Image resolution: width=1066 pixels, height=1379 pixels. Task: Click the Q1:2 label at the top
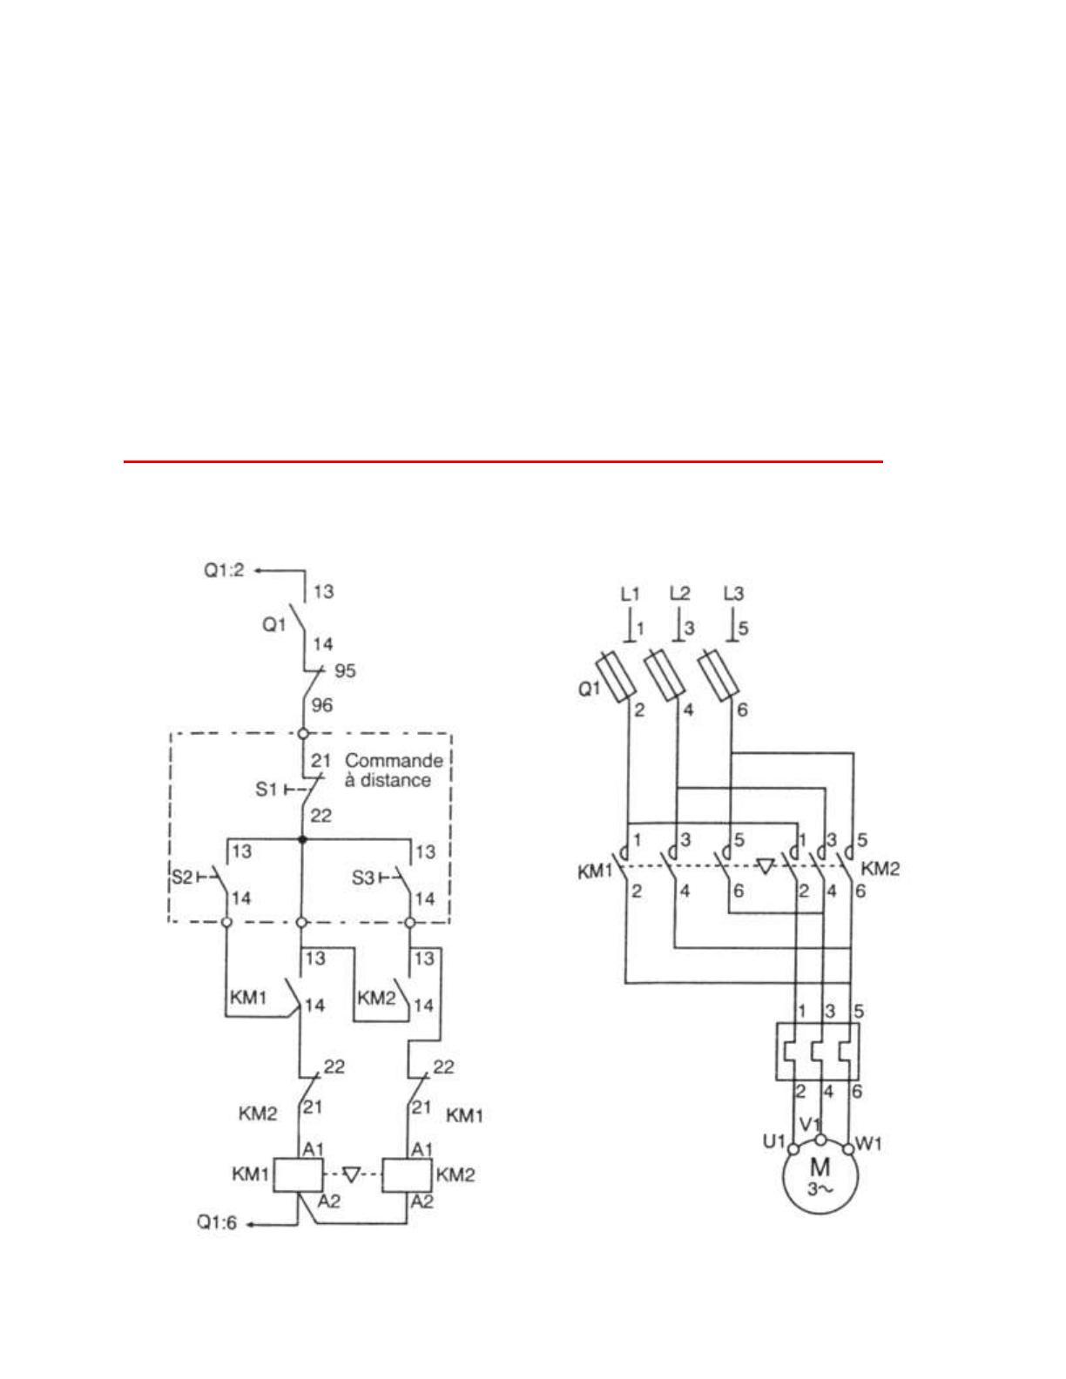[x=224, y=570]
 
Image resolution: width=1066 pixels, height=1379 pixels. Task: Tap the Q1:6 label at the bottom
[x=217, y=1223]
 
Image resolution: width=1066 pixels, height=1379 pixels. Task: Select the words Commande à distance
[x=394, y=770]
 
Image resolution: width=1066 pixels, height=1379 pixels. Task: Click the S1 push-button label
[x=266, y=790]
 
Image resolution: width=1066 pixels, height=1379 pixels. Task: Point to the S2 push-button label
[x=181, y=878]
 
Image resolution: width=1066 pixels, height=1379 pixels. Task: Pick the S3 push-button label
[x=363, y=879]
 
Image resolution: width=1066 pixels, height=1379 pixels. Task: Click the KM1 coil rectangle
[x=299, y=1174]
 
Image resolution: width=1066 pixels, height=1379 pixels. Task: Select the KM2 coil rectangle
[x=407, y=1174]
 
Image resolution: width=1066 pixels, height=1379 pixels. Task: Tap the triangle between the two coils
[x=352, y=1174]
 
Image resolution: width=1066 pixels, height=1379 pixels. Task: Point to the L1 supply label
[x=630, y=594]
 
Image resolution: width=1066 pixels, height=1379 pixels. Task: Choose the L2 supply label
[x=679, y=594]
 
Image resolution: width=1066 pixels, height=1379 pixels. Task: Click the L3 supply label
[x=733, y=594]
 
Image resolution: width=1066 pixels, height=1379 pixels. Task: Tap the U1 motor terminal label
[x=774, y=1141]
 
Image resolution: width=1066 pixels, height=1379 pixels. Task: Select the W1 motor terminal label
[x=868, y=1145]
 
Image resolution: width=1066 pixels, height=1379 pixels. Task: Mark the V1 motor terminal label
[x=809, y=1124]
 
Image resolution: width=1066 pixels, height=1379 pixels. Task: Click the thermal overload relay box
[x=818, y=1052]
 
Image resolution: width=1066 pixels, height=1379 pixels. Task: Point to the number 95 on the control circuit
[x=345, y=670]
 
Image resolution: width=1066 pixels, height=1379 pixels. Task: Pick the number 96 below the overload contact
[x=322, y=705]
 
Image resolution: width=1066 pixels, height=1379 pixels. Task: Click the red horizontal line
[x=503, y=462]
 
